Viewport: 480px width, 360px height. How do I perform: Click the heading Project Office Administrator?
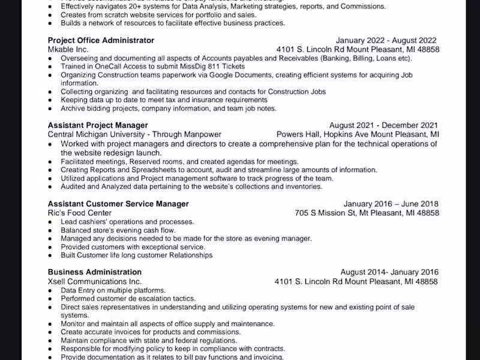click(101, 40)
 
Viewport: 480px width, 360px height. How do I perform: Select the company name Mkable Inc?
click(68, 49)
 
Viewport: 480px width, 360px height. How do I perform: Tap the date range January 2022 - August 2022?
click(386, 40)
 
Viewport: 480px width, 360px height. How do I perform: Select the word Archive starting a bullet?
click(73, 109)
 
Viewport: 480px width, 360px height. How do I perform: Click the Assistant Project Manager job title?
click(98, 125)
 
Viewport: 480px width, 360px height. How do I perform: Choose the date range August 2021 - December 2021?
click(383, 125)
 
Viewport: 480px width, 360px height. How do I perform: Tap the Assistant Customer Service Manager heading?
click(118, 204)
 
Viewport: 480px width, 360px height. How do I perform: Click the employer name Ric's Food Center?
click(80, 213)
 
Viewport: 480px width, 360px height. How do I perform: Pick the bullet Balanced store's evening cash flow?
click(118, 230)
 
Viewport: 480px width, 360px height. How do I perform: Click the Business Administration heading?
click(95, 272)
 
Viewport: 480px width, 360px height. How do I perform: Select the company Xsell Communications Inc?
click(95, 281)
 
